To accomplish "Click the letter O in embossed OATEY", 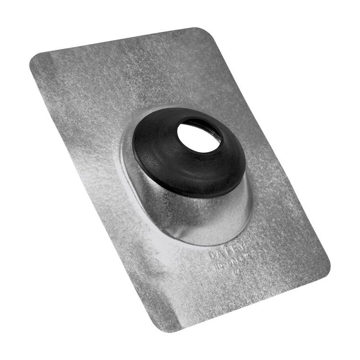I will (x=212, y=256).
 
